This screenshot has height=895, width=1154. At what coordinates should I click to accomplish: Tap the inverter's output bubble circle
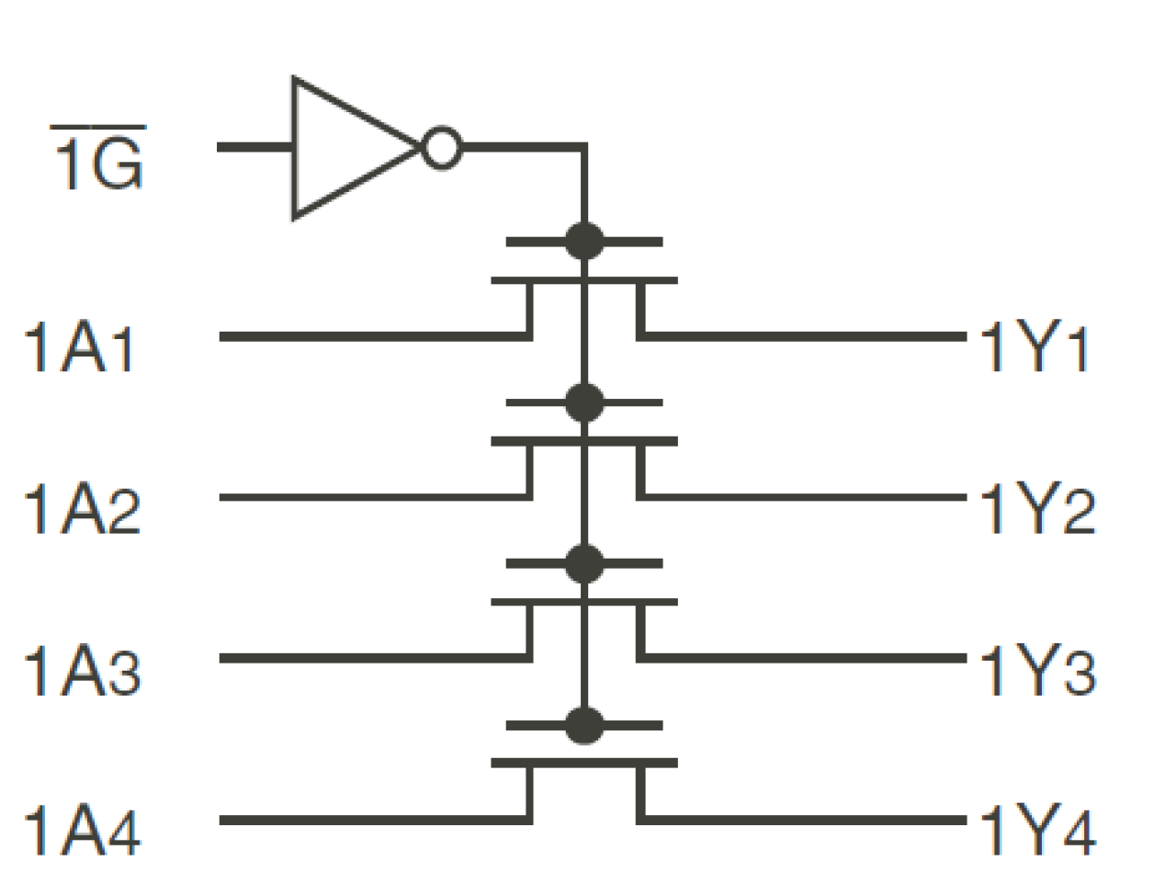point(441,148)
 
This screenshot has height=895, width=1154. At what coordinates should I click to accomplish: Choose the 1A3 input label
point(83,672)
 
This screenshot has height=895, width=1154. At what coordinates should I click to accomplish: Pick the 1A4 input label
point(83,833)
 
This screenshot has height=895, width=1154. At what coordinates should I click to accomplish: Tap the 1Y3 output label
point(1037,672)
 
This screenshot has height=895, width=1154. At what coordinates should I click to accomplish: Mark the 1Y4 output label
point(1037,833)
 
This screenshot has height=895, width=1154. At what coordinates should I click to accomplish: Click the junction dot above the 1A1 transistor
point(584,242)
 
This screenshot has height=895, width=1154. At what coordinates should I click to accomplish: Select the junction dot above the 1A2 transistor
point(584,402)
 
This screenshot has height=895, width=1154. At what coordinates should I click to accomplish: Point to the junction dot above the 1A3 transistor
point(584,563)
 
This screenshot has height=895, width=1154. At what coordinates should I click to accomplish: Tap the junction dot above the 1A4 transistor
point(584,725)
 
